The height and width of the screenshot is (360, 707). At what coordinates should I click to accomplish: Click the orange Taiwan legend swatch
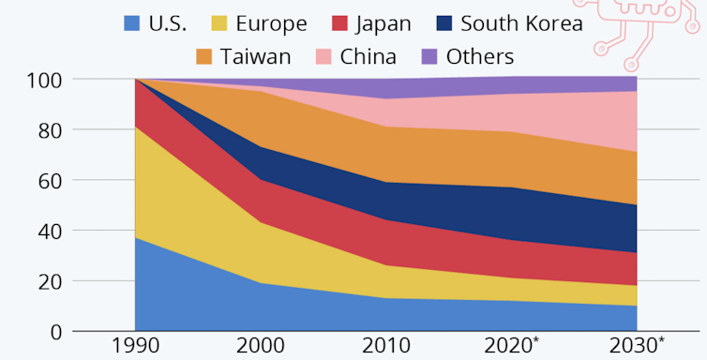[x=203, y=56]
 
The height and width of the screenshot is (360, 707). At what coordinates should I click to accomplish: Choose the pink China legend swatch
[x=324, y=56]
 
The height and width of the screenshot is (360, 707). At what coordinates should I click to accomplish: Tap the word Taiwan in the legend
[x=256, y=56]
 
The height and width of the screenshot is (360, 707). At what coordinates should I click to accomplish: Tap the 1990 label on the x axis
[x=135, y=345]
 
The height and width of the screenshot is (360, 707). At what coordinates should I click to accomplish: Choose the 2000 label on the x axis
[x=261, y=345]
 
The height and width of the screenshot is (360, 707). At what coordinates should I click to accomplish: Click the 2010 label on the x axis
[x=385, y=345]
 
